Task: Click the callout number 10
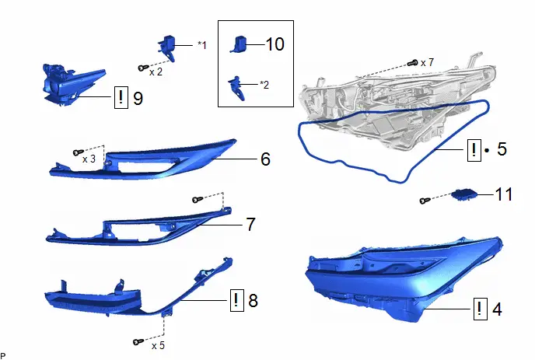[x=274, y=44]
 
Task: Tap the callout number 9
[x=138, y=98]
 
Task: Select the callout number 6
[x=265, y=159]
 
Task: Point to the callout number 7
[x=250, y=224]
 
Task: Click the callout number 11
[x=503, y=194]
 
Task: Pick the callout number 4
[x=497, y=309]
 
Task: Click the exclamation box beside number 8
[x=237, y=300]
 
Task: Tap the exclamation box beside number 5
[x=474, y=150]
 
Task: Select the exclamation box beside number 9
[x=121, y=98]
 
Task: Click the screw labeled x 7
[x=413, y=63]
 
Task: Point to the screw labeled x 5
[x=138, y=341]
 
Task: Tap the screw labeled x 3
[x=79, y=152]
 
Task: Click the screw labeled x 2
[x=143, y=68]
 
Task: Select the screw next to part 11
[x=425, y=201]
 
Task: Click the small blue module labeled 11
[x=463, y=194]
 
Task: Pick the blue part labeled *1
[x=167, y=47]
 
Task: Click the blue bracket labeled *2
[x=236, y=88]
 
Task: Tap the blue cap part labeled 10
[x=239, y=44]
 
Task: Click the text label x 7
[x=427, y=62]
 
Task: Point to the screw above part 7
[x=198, y=199]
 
